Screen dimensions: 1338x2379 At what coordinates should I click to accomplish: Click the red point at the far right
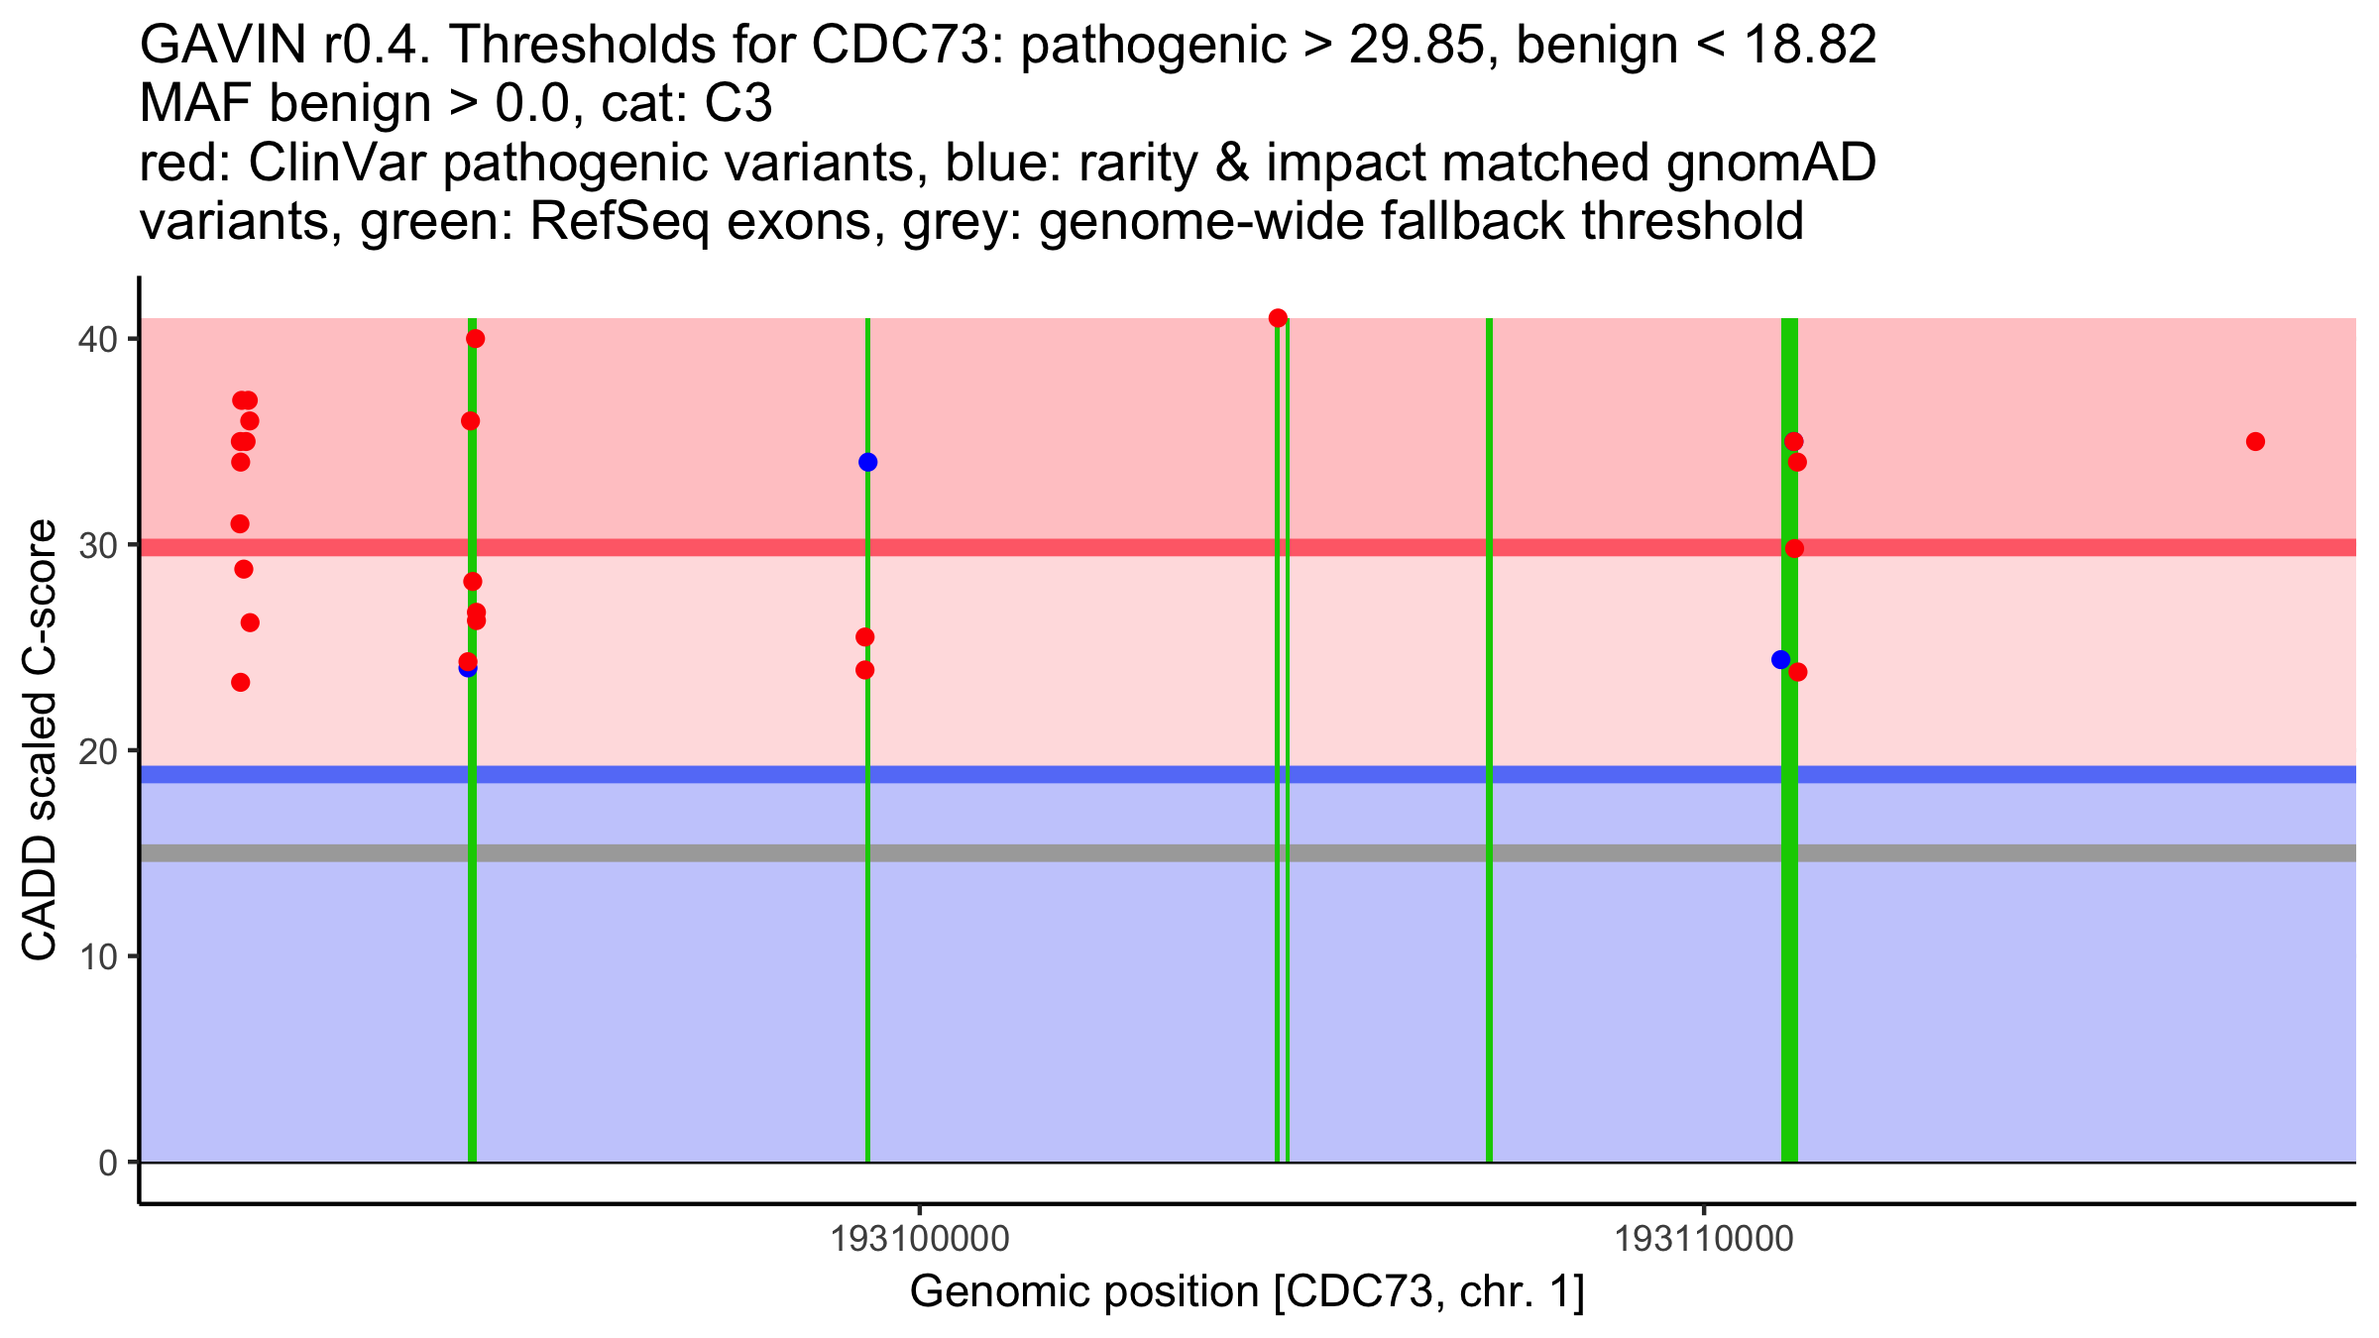2255,441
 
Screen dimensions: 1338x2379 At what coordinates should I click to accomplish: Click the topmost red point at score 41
1278,318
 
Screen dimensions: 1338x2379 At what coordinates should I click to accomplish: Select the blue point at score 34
867,462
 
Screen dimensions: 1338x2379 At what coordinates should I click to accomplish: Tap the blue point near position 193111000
1780,659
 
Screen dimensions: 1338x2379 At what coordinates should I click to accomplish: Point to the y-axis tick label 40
96,339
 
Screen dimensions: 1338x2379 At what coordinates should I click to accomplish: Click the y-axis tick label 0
107,1163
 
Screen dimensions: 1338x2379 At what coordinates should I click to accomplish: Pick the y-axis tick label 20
96,750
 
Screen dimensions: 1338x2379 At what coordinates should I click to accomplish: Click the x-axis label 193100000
920,1239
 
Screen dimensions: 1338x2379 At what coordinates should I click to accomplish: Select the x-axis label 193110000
1703,1239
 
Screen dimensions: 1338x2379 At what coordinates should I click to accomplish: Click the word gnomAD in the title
1770,164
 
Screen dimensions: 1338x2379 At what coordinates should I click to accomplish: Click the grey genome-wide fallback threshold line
1090,852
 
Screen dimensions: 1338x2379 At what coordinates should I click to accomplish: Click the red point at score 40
475,339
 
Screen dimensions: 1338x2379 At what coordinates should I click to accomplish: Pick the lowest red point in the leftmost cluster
240,682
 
